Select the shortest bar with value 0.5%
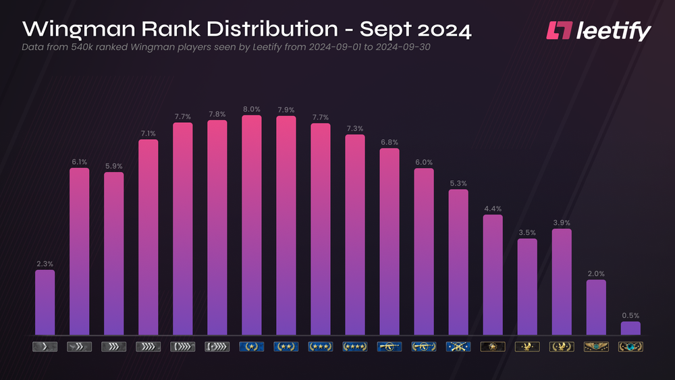[x=630, y=328]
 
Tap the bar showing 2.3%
[x=45, y=302]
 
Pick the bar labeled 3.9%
[x=562, y=281]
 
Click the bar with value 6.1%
[x=79, y=251]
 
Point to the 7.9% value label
[x=286, y=109]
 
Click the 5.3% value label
[x=458, y=183]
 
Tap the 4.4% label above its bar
[x=492, y=209]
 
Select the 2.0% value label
[x=595, y=273]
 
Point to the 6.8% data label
[x=389, y=142]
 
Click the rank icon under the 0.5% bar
[x=630, y=347]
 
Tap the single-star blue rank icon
[x=251, y=347]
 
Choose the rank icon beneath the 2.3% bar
[x=45, y=347]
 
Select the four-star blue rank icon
[x=354, y=347]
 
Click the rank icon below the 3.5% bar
[x=527, y=347]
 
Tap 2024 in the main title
[x=442, y=30]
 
